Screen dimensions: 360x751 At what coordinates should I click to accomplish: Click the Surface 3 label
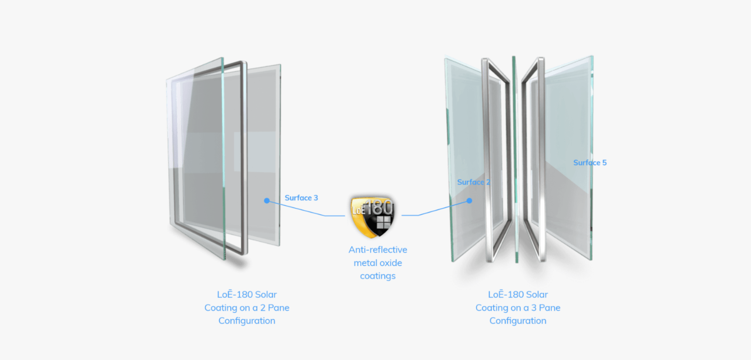(x=301, y=198)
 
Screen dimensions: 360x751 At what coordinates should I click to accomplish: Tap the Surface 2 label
(x=473, y=182)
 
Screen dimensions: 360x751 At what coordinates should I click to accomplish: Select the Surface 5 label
(x=590, y=163)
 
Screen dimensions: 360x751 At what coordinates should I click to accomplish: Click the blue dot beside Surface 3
(x=267, y=201)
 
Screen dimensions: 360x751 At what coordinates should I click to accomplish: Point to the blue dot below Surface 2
(x=469, y=201)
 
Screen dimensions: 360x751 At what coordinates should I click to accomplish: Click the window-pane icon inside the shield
(x=383, y=223)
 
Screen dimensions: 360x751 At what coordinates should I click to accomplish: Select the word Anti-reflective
(x=378, y=250)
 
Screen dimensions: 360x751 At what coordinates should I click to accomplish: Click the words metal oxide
(x=378, y=263)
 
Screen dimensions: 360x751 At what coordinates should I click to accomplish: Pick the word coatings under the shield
(x=378, y=276)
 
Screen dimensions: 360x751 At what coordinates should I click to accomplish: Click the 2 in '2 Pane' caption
(x=263, y=308)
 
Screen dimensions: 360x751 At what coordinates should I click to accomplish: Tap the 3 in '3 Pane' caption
(x=534, y=308)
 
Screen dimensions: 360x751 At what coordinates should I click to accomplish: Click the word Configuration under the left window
(x=247, y=321)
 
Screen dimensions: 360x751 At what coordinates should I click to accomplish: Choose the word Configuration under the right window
(x=518, y=321)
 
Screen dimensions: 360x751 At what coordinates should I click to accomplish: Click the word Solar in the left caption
(x=266, y=295)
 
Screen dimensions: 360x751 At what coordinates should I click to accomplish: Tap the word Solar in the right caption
(x=537, y=295)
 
